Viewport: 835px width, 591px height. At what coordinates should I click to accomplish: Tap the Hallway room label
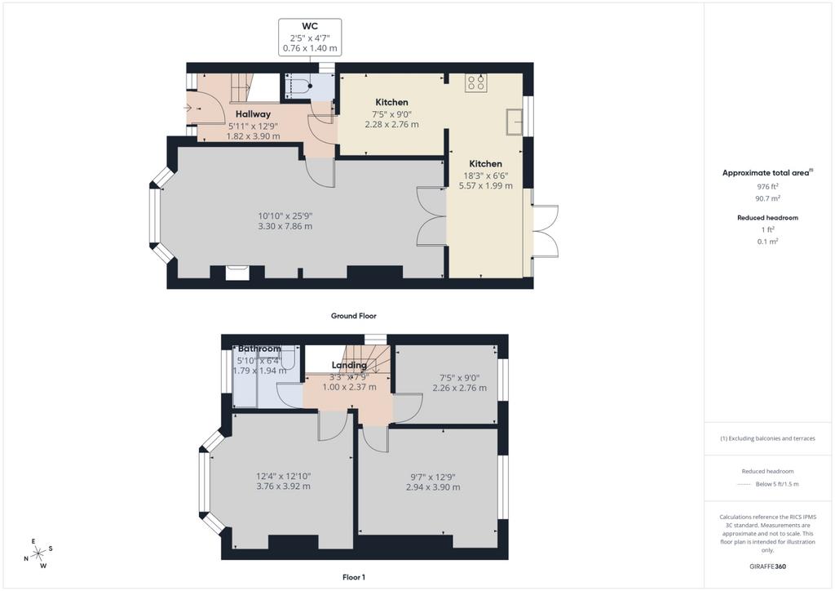coord(253,114)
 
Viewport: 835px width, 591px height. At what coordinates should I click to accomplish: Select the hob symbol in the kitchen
coord(475,82)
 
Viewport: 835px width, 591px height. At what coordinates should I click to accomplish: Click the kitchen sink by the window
coord(514,122)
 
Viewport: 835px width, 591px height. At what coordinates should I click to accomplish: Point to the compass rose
coord(38,554)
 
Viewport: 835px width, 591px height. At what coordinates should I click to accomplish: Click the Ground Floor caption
coord(354,316)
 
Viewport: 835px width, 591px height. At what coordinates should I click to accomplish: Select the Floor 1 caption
coord(354,577)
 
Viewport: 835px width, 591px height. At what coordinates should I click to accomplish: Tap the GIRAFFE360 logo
coord(767,567)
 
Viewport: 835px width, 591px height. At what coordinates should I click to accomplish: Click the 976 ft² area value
coord(767,186)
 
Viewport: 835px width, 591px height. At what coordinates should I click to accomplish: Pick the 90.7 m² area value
coord(767,198)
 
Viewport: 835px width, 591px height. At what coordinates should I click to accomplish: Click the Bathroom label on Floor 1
coord(259,349)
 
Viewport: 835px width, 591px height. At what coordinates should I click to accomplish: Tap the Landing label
coord(349,365)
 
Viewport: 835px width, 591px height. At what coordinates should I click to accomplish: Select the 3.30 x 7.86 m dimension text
coord(285,226)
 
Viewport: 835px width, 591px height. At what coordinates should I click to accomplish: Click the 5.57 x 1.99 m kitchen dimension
coord(486,185)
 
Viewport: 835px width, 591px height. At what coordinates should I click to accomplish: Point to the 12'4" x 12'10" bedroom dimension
coord(283,477)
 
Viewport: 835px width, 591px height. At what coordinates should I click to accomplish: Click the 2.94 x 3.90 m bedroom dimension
coord(433,487)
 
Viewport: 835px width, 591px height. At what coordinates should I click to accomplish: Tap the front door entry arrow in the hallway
coord(189,109)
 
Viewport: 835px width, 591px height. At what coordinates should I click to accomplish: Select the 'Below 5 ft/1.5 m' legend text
coord(777,484)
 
